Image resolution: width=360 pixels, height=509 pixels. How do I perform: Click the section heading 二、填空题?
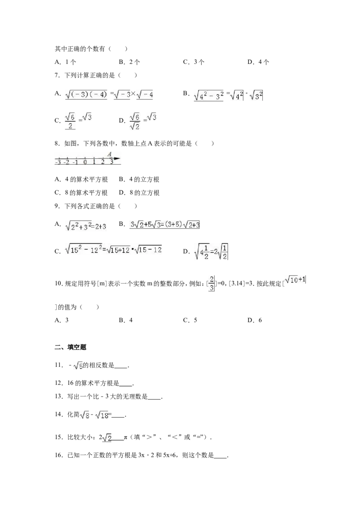click(x=71, y=347)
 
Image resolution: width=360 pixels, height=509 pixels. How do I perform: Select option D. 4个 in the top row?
click(x=258, y=62)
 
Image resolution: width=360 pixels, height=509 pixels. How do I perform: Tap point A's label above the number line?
click(x=109, y=154)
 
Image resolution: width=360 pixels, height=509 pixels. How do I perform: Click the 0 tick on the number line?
click(x=85, y=162)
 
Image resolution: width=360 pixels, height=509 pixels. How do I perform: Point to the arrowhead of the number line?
click(x=118, y=159)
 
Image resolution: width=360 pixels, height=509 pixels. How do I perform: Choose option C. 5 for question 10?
click(x=190, y=320)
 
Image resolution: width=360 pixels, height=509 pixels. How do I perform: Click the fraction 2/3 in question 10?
click(x=211, y=283)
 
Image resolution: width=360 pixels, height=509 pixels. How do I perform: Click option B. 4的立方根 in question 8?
click(x=139, y=179)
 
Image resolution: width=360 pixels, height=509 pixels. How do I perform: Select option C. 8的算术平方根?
click(x=81, y=193)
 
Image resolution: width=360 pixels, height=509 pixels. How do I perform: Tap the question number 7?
click(x=57, y=75)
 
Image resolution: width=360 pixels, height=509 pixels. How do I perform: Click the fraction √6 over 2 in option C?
click(x=70, y=121)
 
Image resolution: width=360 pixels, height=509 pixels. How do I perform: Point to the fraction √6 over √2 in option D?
click(x=135, y=121)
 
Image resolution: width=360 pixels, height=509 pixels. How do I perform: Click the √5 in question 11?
click(x=78, y=366)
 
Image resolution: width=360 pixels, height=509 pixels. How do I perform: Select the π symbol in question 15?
click(x=126, y=438)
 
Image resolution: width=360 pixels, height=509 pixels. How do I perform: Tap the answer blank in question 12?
click(x=126, y=384)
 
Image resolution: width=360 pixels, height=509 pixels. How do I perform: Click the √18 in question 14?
click(x=102, y=415)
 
